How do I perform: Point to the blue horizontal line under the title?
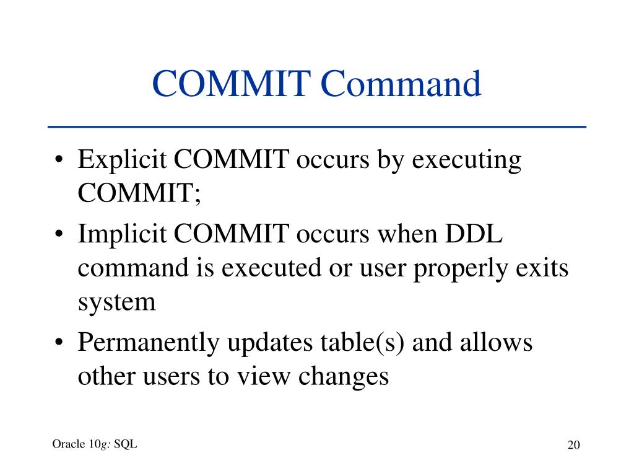pyautogui.click(x=317, y=126)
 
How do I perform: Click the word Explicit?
pyautogui.click(x=121, y=161)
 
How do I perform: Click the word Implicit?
pyautogui.click(x=122, y=235)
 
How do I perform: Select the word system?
pyautogui.click(x=116, y=303)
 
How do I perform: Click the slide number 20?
pyautogui.click(x=573, y=446)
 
